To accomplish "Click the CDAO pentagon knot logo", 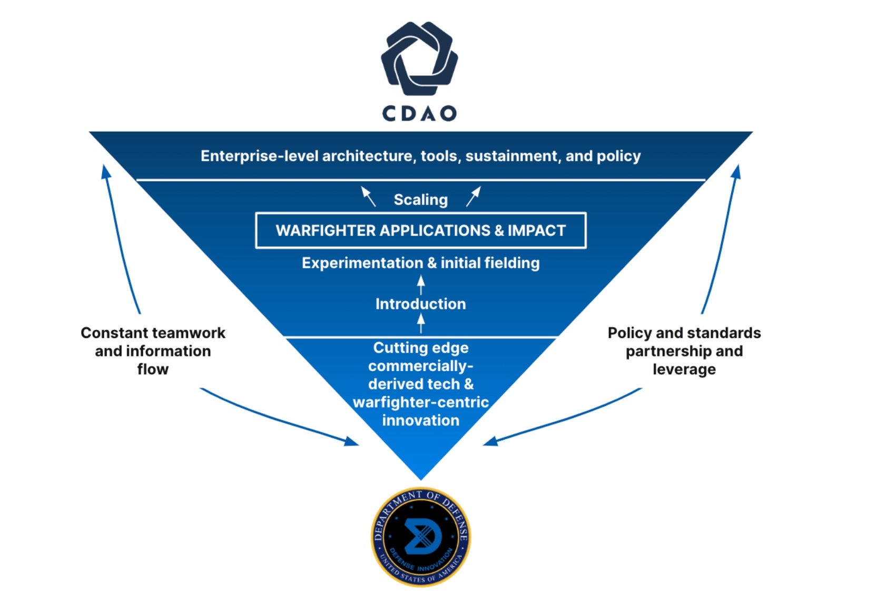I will point(419,58).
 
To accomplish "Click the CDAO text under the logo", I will point(419,113).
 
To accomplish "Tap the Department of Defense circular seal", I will point(420,537).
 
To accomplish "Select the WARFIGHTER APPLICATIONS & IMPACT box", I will point(420,230).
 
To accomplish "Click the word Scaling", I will point(420,200).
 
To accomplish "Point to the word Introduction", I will point(420,304).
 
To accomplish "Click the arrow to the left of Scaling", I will point(368,196).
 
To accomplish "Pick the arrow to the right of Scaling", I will point(474,196).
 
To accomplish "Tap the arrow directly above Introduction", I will point(421,285).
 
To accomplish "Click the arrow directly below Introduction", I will point(421,322).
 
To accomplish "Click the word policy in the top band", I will point(618,156).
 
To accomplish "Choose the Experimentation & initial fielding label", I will point(420,263).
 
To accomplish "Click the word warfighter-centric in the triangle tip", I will point(420,402).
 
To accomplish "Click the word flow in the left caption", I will point(153,369).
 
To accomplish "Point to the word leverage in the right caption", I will point(684,369).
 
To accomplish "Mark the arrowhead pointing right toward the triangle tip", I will point(351,441).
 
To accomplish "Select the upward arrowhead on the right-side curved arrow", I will point(736,171).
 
